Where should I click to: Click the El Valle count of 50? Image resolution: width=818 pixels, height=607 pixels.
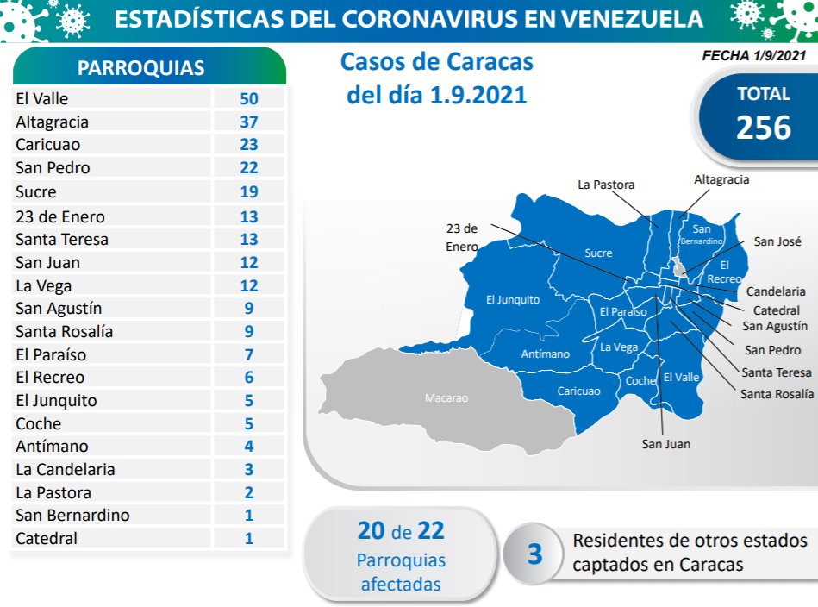coord(248,99)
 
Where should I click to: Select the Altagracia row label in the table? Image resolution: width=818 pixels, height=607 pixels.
coord(52,122)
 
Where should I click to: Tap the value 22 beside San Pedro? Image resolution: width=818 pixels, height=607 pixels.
coord(248,168)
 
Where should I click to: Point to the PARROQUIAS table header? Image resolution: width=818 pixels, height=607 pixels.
coord(141,69)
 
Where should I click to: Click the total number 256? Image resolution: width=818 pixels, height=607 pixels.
coord(763,128)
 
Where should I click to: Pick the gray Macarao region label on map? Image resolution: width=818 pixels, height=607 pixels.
coord(446,398)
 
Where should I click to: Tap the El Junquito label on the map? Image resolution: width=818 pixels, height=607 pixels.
coord(513,300)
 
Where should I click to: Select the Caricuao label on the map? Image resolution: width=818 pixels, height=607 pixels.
coord(578,391)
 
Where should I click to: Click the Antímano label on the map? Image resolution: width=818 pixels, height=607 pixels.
coord(546,354)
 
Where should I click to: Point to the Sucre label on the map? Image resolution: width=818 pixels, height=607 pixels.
coord(598,253)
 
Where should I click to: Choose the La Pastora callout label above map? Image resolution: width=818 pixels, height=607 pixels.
coord(606,185)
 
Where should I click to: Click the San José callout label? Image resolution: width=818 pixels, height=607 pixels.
coord(777,242)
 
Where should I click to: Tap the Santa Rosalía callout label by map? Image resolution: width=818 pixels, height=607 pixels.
coord(776,394)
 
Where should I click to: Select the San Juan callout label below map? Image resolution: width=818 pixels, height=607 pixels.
coord(666,444)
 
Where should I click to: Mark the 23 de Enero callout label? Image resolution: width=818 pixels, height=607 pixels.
coord(462,237)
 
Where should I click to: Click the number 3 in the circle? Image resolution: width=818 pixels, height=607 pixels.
coord(534,554)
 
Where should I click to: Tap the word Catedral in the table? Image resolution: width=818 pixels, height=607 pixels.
coord(47,539)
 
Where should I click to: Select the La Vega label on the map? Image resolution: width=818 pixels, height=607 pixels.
coord(619,347)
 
